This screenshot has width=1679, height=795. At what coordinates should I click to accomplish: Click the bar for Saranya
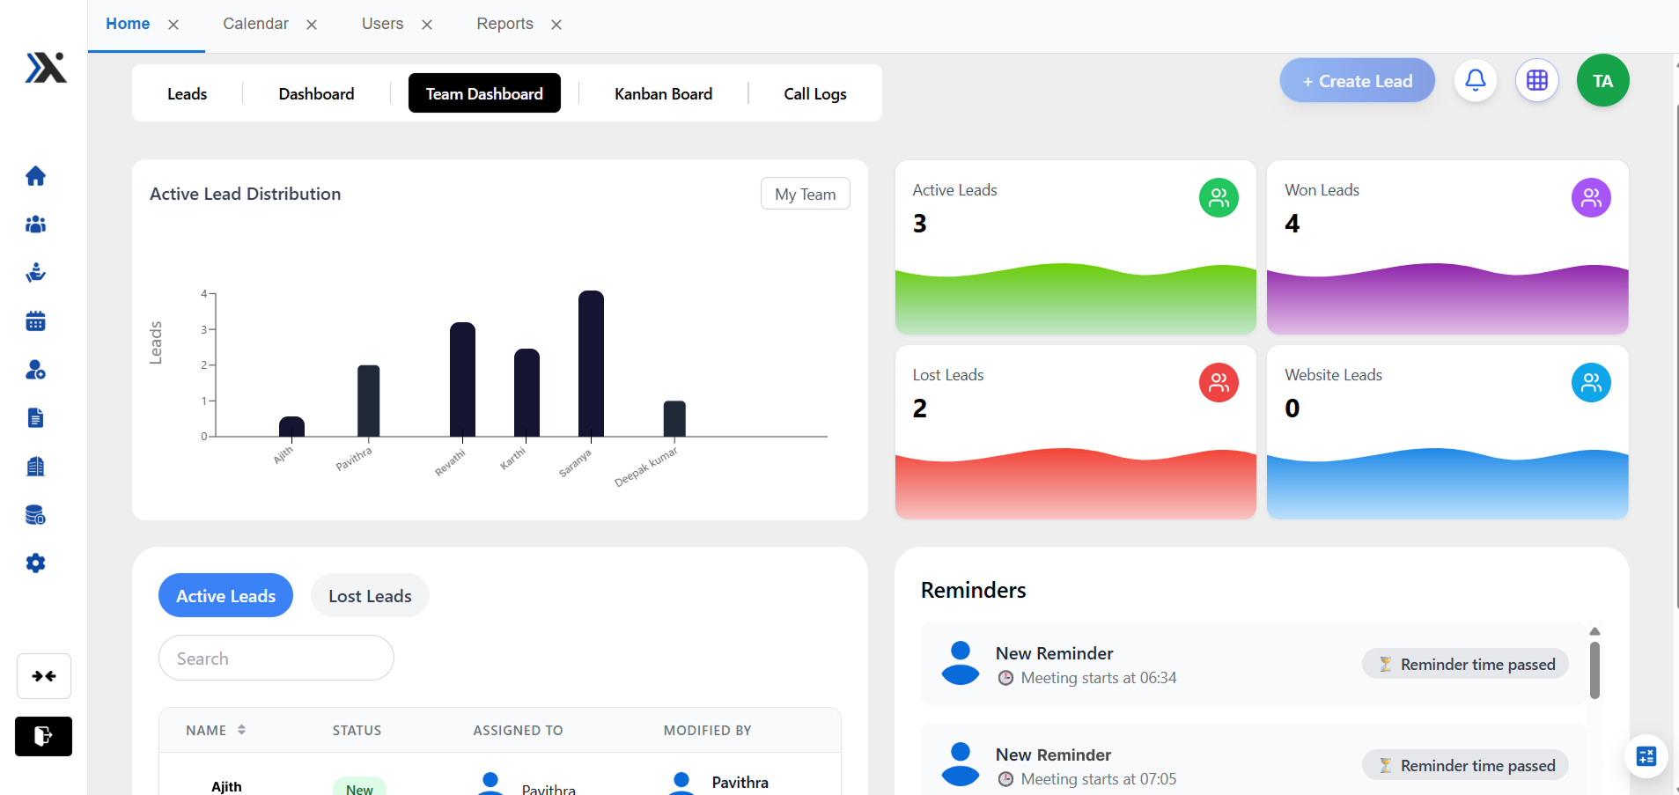coord(591,364)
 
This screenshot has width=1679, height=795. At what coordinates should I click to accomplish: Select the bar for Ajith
coord(291,426)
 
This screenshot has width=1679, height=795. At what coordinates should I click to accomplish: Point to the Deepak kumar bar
coord(674,419)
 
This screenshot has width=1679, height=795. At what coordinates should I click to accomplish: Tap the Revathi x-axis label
coord(450,462)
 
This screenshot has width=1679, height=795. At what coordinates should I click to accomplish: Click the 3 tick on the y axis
coord(204,329)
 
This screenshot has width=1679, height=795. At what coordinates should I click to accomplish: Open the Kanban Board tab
coord(663,93)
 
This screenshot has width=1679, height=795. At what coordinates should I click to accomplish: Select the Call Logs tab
coord(815,93)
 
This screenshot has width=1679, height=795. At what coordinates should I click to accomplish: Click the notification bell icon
coord(1476,80)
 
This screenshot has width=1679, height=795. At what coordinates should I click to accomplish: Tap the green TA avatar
coord(1602,80)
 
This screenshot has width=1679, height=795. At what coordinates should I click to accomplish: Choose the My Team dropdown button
coord(805,194)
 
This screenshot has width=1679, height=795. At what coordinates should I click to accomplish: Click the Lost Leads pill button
coord(370,596)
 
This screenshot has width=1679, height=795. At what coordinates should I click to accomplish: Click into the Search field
coord(276,658)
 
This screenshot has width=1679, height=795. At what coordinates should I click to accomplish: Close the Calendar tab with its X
coord(312,25)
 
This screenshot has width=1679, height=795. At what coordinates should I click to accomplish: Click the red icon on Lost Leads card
coord(1219,383)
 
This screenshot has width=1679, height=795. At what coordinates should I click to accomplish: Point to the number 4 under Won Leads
coord(1292,224)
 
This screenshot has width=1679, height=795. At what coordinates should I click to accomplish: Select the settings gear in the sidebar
coord(35,563)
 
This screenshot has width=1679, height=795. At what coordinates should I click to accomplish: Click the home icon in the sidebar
coord(35,176)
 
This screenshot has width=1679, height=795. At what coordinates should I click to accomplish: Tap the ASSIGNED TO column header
coord(518,730)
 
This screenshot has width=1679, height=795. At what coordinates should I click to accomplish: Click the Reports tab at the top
coord(504,24)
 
